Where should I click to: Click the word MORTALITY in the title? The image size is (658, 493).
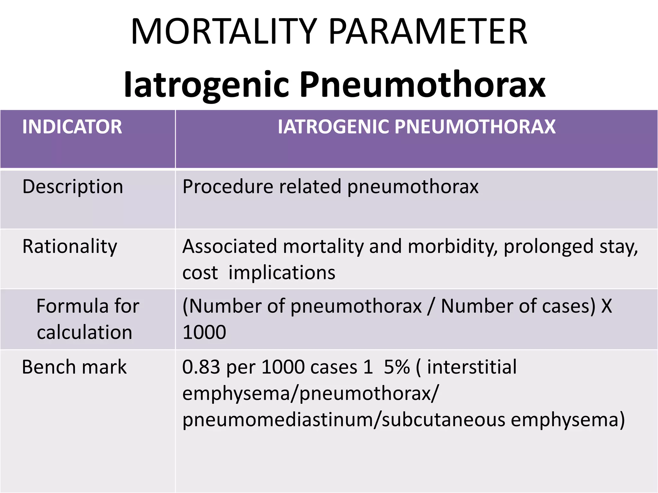[x=224, y=32]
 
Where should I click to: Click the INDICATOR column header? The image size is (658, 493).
[x=72, y=127]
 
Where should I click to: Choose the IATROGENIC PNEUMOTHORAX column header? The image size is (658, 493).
[x=416, y=127]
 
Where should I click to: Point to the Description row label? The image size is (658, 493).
[x=73, y=187]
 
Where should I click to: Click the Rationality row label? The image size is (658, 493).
[x=70, y=247]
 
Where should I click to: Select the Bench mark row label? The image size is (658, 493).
[x=74, y=367]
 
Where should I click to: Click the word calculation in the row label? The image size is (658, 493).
[x=84, y=332]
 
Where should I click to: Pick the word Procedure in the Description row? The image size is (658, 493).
[x=227, y=186]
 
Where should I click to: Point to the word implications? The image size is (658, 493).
[x=282, y=273]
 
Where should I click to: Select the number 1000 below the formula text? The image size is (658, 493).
[x=204, y=332]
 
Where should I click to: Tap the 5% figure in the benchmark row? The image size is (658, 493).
[x=397, y=367]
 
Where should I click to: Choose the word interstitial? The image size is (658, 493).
[x=472, y=367]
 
